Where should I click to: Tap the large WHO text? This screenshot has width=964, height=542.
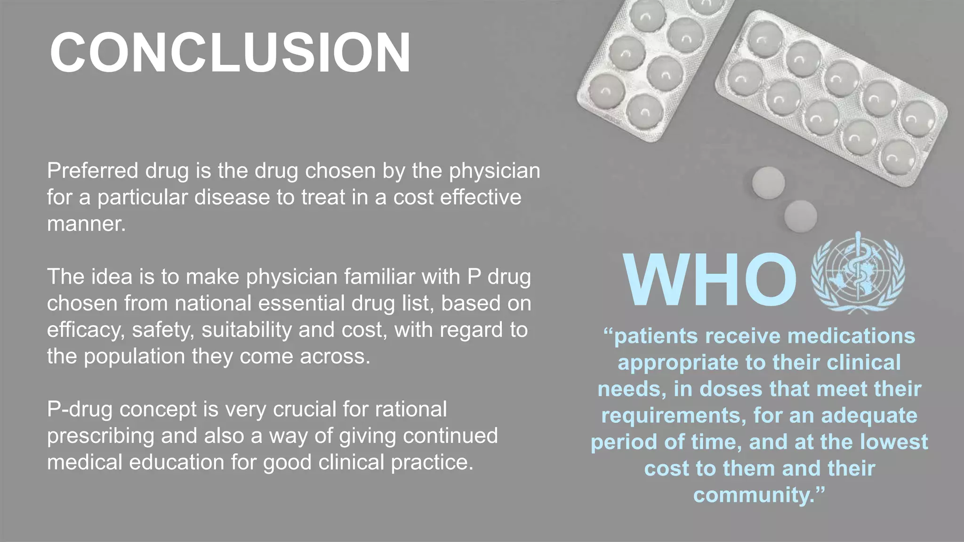[709, 280]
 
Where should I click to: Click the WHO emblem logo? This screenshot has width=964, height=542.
[858, 274]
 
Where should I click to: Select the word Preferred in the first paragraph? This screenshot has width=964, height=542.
[92, 171]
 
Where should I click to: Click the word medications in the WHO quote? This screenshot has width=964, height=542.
[851, 336]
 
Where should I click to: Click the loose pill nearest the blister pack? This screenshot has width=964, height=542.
[768, 182]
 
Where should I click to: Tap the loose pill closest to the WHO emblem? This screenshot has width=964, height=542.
[800, 216]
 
